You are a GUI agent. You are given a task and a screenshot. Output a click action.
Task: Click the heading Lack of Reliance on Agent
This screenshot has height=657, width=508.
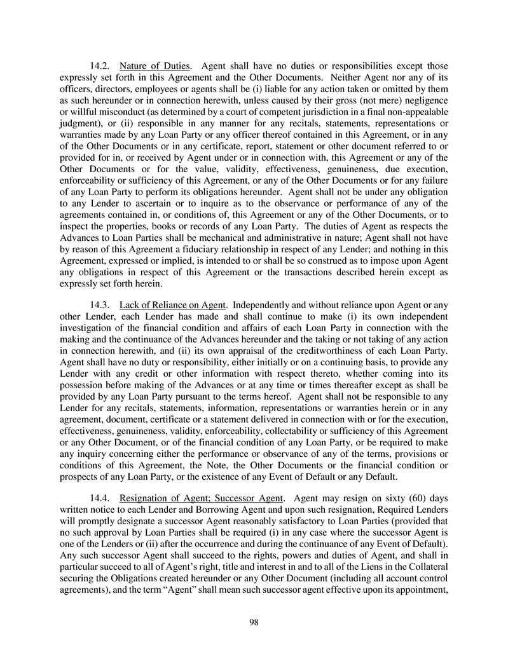(172, 306)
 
